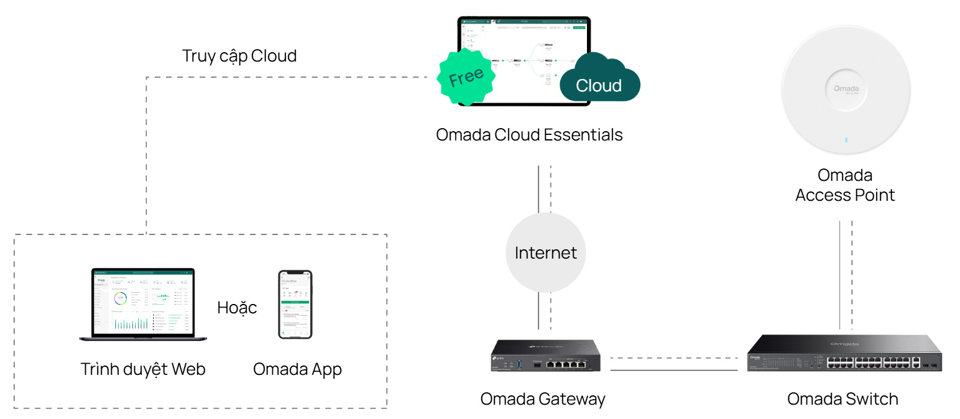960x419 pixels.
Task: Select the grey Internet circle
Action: coord(545,252)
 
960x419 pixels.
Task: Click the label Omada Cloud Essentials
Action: coord(529,135)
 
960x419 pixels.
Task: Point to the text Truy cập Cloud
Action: coord(239,56)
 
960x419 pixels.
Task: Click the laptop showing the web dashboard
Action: coord(143,304)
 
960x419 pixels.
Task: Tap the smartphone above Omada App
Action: coord(295,304)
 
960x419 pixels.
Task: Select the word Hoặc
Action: coord(237,308)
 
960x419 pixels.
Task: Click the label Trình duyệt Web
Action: coord(143,369)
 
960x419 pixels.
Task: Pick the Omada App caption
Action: coord(297,369)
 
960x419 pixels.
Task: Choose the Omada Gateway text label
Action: coord(542,399)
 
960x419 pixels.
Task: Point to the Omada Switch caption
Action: coord(842,399)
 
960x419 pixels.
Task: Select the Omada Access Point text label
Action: coord(845,185)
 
